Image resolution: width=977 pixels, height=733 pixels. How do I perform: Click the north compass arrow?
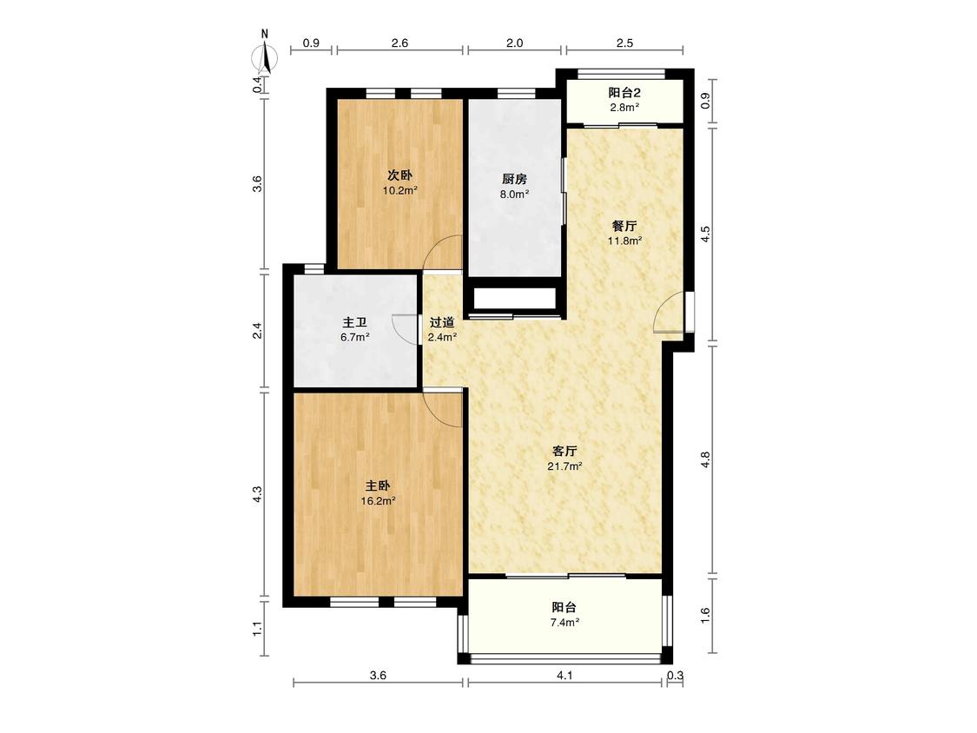pyautogui.click(x=266, y=58)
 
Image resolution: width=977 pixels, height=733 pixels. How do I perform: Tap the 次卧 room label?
pyautogui.click(x=400, y=175)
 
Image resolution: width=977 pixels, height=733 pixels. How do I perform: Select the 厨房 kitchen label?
pyautogui.click(x=515, y=179)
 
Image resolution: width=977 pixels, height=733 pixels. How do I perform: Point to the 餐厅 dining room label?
pyautogui.click(x=624, y=226)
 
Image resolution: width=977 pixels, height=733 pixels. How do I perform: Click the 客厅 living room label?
pyautogui.click(x=564, y=451)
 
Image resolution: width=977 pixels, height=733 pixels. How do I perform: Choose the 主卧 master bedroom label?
pyautogui.click(x=378, y=485)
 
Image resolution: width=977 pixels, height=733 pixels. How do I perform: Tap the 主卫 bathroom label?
pyautogui.click(x=354, y=322)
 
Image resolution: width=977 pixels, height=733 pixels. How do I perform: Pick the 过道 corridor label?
pyautogui.click(x=442, y=322)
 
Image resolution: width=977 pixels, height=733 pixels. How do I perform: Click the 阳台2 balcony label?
pyautogui.click(x=624, y=93)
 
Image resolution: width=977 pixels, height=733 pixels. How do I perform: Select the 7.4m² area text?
pyautogui.click(x=564, y=622)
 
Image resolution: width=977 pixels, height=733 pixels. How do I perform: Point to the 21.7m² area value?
pyautogui.click(x=564, y=466)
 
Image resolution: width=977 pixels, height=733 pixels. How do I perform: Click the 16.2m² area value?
pyautogui.click(x=379, y=500)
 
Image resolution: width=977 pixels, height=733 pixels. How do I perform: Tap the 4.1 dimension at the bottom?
pyautogui.click(x=564, y=675)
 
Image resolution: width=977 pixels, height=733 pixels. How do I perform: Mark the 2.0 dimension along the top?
pyautogui.click(x=515, y=43)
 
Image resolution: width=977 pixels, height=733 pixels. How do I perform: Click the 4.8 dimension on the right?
pyautogui.click(x=705, y=460)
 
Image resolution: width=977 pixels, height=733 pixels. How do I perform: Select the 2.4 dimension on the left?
pyautogui.click(x=257, y=330)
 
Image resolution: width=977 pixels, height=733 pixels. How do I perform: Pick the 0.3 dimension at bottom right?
pyautogui.click(x=676, y=675)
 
